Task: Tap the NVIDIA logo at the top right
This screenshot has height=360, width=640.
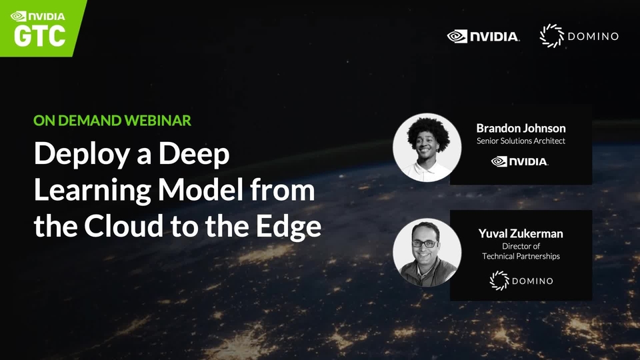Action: pos(483,36)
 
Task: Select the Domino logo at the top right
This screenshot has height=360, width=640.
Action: pos(579,36)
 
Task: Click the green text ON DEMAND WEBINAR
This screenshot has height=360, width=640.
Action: pos(113,121)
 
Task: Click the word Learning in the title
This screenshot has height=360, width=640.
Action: pos(89,191)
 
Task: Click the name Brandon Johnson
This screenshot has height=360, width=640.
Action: pos(521,128)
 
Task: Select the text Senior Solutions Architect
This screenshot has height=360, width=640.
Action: pos(521,141)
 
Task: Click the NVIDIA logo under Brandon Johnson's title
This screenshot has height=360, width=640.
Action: pos(520,161)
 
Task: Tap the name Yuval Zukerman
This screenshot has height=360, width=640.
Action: pos(521,233)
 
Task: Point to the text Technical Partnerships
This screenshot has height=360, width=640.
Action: pos(521,256)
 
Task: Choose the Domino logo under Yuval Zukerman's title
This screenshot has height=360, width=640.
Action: pos(521,281)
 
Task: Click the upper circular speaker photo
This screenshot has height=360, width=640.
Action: pos(427,147)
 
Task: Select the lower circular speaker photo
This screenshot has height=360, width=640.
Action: pos(427,253)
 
